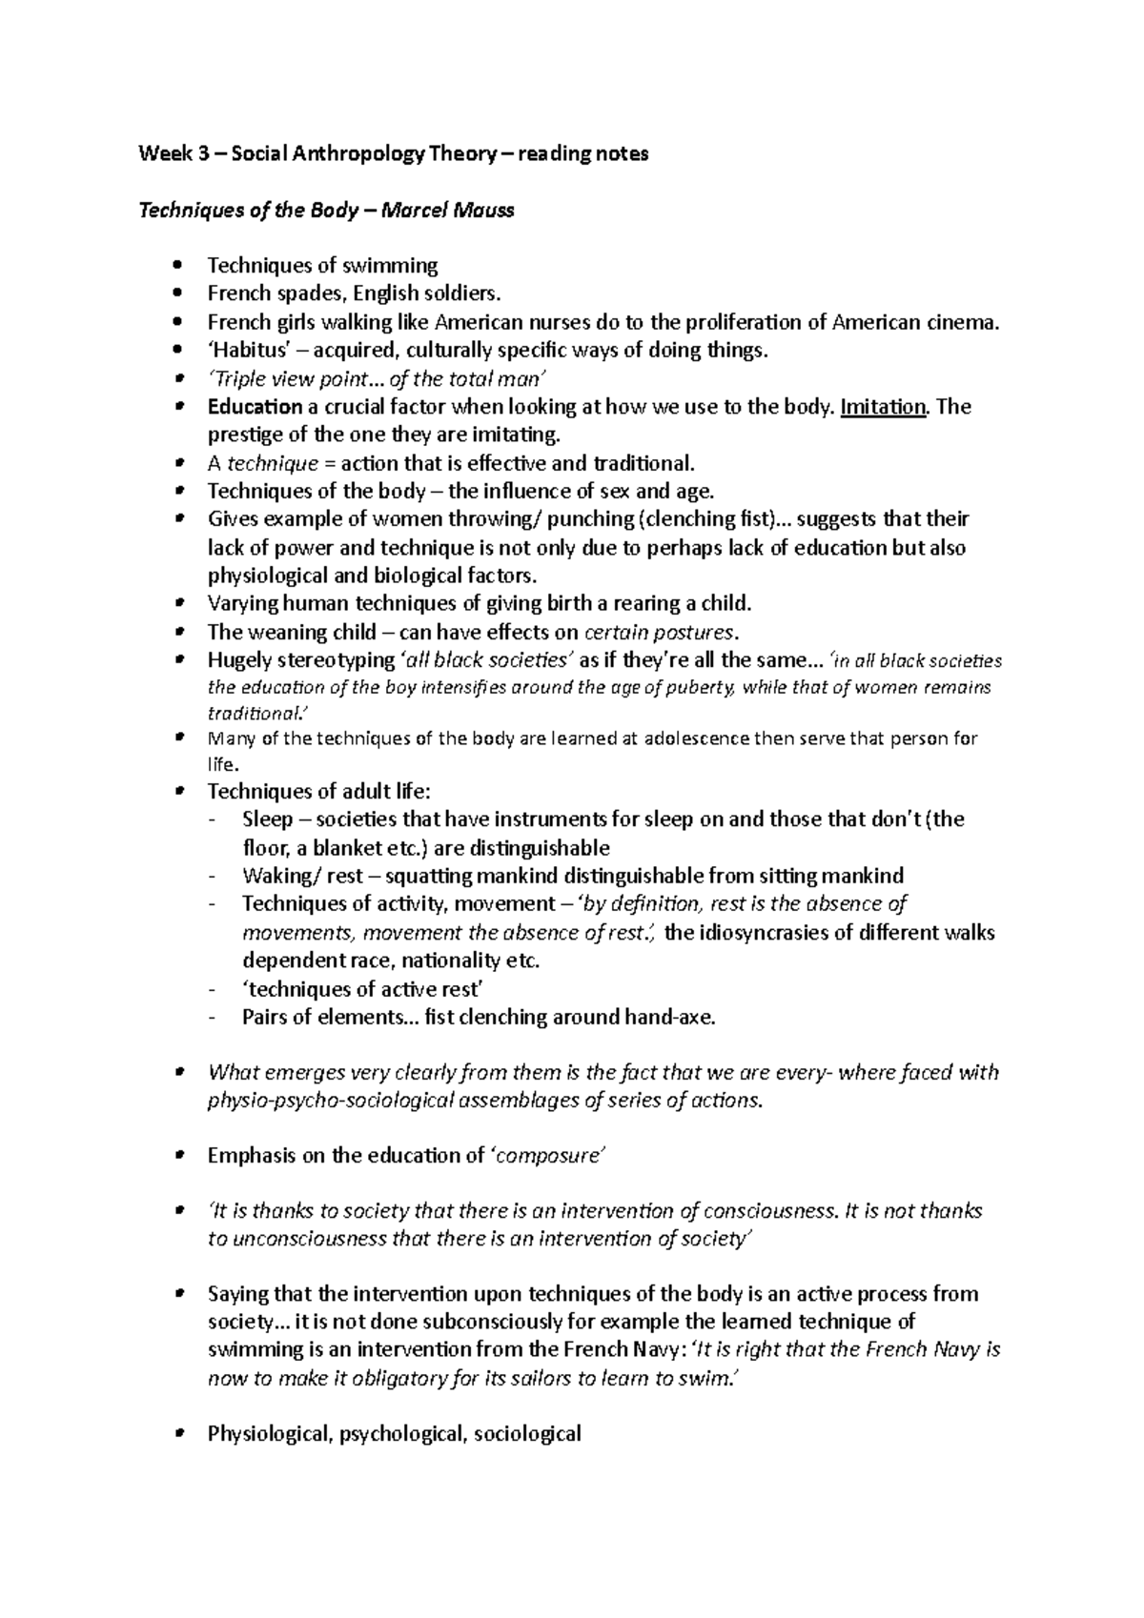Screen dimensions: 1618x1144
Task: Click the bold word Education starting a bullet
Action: [x=255, y=407]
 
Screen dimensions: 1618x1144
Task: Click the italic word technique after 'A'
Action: [x=271, y=464]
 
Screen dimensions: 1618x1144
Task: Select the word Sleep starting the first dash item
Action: [x=267, y=819]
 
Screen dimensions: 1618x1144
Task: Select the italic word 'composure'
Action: [x=548, y=1156]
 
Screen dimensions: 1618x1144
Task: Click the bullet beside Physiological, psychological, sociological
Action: [x=178, y=1434]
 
